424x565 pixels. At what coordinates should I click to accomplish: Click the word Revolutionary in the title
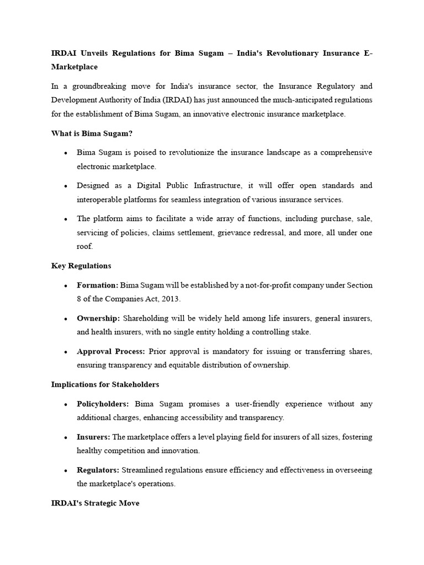click(273, 52)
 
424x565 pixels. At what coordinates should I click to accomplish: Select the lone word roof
click(85, 247)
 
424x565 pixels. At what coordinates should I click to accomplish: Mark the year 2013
click(170, 299)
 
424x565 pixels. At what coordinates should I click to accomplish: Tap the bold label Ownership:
click(99, 318)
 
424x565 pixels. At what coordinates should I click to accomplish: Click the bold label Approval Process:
click(111, 351)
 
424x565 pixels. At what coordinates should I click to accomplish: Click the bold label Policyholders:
click(103, 404)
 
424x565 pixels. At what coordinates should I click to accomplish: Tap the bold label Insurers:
click(93, 437)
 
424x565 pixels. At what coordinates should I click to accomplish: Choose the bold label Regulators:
click(98, 470)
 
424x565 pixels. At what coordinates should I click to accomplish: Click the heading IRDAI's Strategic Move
click(96, 503)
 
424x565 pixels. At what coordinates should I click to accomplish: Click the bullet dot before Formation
click(66, 286)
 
